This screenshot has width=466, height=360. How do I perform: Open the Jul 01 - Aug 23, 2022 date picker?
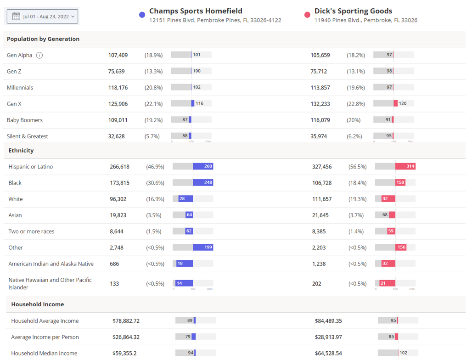coord(42,17)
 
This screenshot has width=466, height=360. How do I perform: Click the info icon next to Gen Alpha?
coord(39,55)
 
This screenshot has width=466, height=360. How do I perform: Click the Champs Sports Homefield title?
coord(196,11)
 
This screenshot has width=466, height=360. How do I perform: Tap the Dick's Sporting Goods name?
coord(353,11)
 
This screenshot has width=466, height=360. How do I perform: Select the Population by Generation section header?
coord(43,39)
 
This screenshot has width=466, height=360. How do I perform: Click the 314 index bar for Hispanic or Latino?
coord(405,166)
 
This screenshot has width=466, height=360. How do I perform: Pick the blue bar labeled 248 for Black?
coord(203,182)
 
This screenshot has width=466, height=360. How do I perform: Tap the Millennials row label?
coord(20,88)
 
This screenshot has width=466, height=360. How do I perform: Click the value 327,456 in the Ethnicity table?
coord(322,167)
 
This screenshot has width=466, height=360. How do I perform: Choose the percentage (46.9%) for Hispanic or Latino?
coord(155,167)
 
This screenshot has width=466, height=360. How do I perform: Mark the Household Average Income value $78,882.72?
coord(126,321)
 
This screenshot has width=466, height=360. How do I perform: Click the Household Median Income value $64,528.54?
coord(328,354)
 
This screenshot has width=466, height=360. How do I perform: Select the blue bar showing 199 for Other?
coord(203,247)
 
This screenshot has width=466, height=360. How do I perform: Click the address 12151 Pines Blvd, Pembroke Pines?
coord(215,20)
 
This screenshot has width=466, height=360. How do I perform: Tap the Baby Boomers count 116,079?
coord(320,120)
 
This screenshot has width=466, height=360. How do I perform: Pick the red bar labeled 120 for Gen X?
coord(396,103)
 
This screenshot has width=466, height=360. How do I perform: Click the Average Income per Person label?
coord(45,337)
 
